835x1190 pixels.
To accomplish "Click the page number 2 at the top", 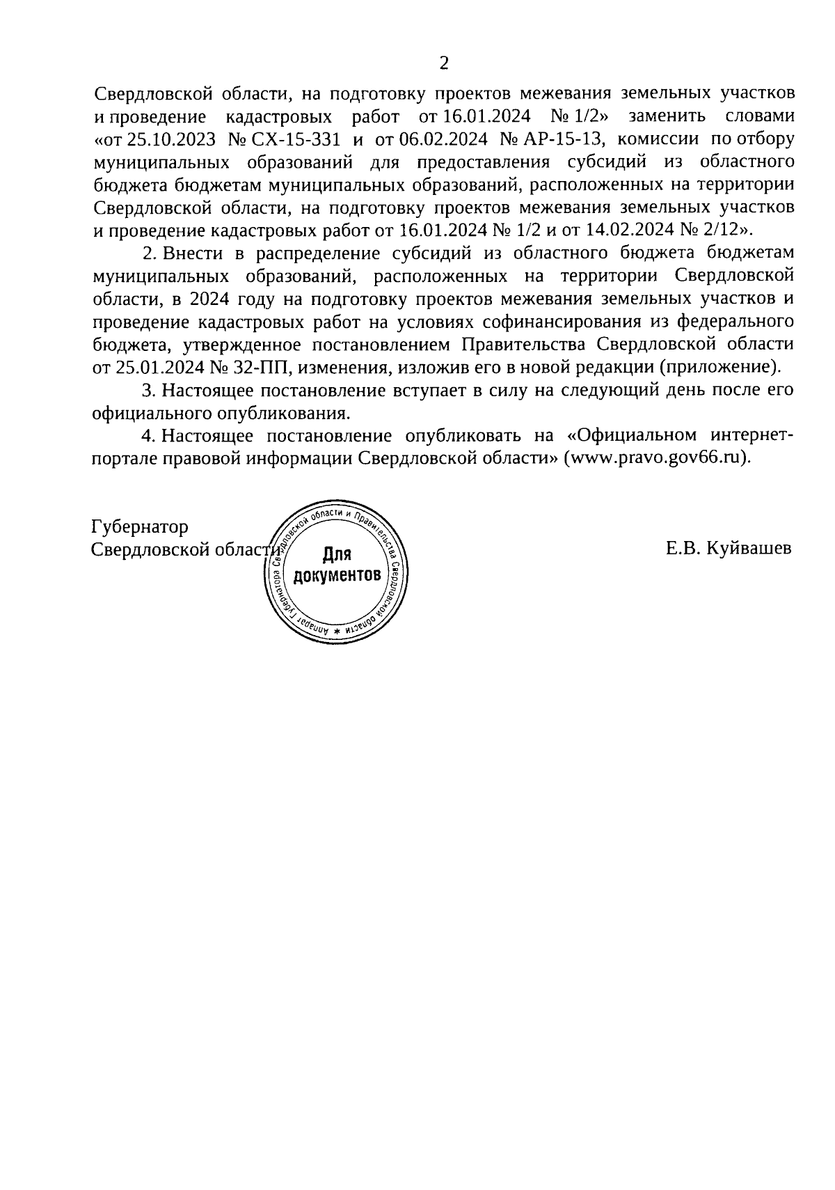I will [444, 64].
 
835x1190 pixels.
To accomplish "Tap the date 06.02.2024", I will [436, 139].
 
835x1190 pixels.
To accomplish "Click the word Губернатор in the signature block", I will [140, 527].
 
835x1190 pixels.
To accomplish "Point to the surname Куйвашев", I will [749, 549].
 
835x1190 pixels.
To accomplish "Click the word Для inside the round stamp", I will [337, 555].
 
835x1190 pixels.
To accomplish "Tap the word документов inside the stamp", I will [337, 576].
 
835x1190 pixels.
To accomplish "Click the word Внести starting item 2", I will [187, 253].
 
